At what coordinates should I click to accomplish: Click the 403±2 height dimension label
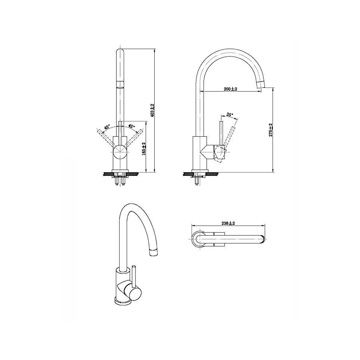pos(152,110)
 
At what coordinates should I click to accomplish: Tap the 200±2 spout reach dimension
pos(230,89)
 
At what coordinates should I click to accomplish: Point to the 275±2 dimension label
pos(271,130)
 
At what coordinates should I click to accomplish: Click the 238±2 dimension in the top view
pos(228,223)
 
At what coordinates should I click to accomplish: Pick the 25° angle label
pos(229,115)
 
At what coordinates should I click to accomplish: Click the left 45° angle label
pos(107,127)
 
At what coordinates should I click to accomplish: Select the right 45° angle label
pos(132,127)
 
